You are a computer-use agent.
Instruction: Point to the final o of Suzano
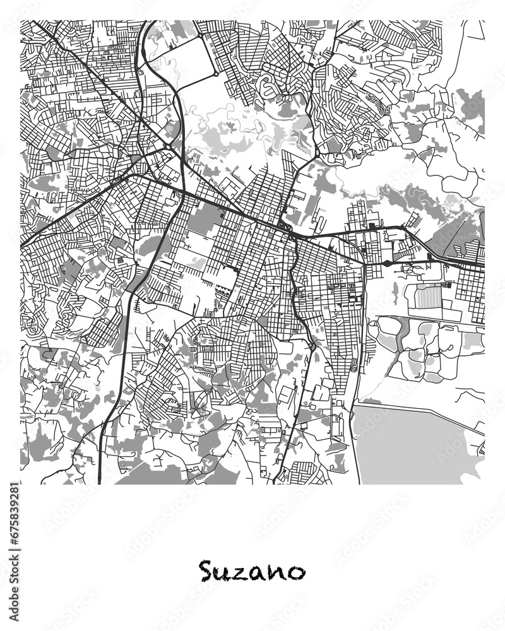(x=294, y=573)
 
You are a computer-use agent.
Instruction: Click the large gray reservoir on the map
(x=410, y=442)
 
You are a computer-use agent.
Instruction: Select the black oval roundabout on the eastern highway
(x=386, y=262)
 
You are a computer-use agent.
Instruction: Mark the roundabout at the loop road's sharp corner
(x=216, y=74)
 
